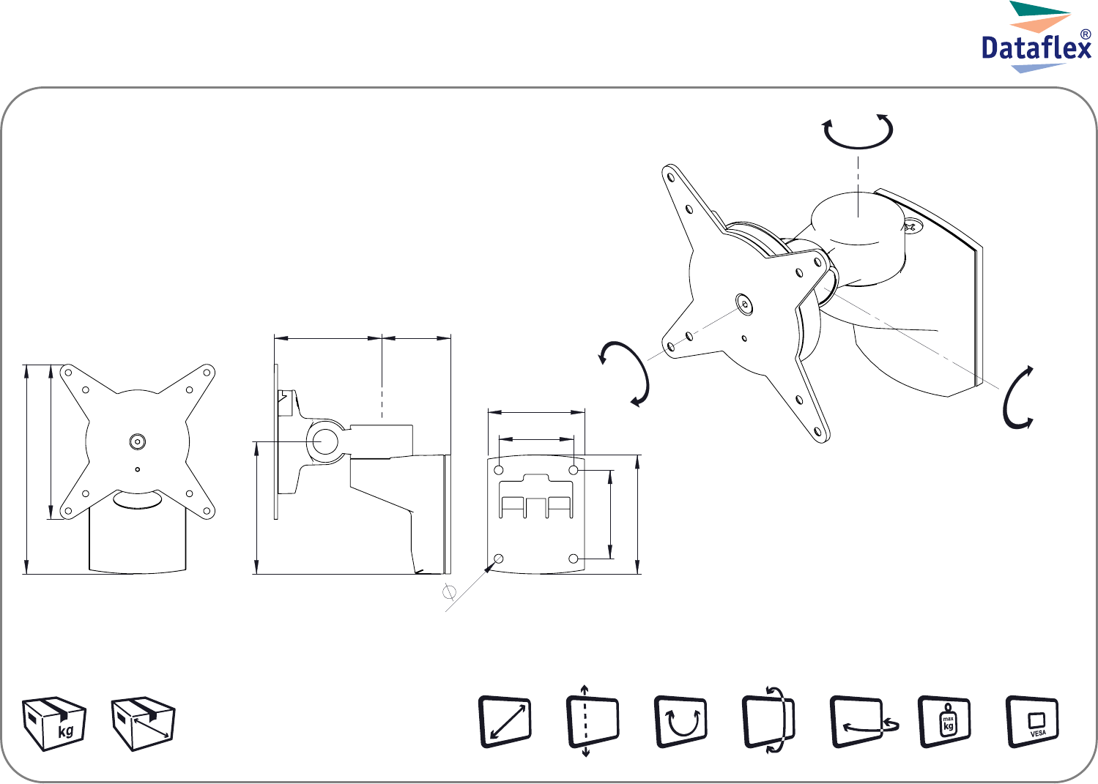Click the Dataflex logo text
pyautogui.click(x=1036, y=48)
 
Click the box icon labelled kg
pyautogui.click(x=54, y=723)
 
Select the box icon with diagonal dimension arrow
pyautogui.click(x=143, y=723)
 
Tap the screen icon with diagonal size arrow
pyautogui.click(x=505, y=722)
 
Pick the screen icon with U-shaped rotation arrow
pyautogui.click(x=680, y=722)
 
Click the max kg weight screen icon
pyautogui.click(x=944, y=722)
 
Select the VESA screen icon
pyautogui.click(x=1032, y=722)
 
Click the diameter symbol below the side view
pyautogui.click(x=449, y=592)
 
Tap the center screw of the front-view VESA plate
pyautogui.click(x=137, y=441)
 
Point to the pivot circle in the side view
pyautogui.click(x=322, y=441)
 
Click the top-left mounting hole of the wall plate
pyautogui.click(x=499, y=471)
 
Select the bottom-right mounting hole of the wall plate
pyautogui.click(x=574, y=559)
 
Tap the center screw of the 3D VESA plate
pyautogui.click(x=745, y=305)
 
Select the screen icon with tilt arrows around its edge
pyautogui.click(x=768, y=722)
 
